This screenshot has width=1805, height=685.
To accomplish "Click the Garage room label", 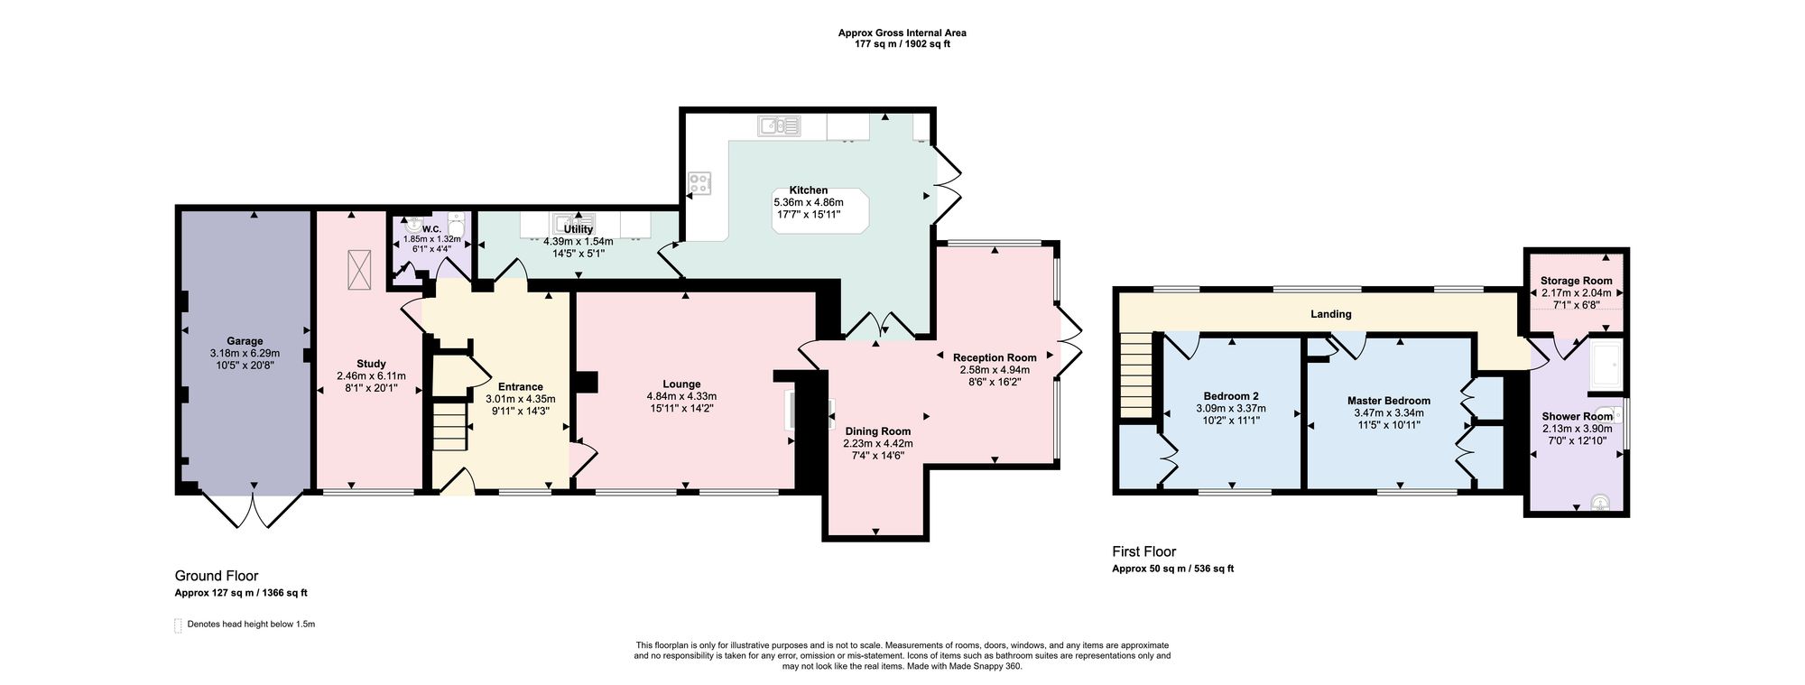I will point(245,341).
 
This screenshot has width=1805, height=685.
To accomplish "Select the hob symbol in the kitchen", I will point(700,183).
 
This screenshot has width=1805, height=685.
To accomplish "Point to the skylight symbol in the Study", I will point(359,267).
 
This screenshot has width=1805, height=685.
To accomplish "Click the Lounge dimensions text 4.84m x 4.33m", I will point(681,396).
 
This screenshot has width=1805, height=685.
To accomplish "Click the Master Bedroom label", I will point(1388,401).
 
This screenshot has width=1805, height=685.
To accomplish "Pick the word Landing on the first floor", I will point(1331,314).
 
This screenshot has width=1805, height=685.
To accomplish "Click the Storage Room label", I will point(1576,281).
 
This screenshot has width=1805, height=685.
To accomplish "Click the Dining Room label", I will point(877,430).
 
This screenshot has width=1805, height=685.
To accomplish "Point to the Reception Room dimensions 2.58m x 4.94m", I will point(995,370).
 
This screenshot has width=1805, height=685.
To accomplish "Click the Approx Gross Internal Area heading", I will point(902,32).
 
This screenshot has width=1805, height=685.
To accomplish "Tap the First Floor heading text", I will point(1143,551).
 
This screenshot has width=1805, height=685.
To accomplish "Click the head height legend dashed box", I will point(177,625).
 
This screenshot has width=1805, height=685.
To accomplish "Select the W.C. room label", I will point(430,228).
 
